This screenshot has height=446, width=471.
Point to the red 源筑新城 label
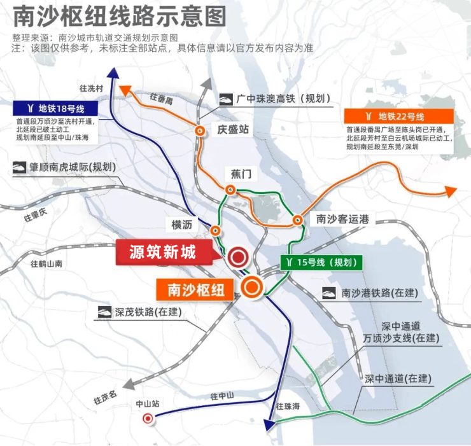[164, 253]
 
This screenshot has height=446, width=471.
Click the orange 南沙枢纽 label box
[196, 289]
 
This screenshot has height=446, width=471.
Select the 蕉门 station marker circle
[230, 190]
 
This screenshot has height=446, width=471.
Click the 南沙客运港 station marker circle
[297, 220]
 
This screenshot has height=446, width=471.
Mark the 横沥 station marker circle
[216, 230]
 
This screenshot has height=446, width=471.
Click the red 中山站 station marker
[148, 418]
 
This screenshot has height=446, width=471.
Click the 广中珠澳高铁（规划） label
[275, 99]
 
